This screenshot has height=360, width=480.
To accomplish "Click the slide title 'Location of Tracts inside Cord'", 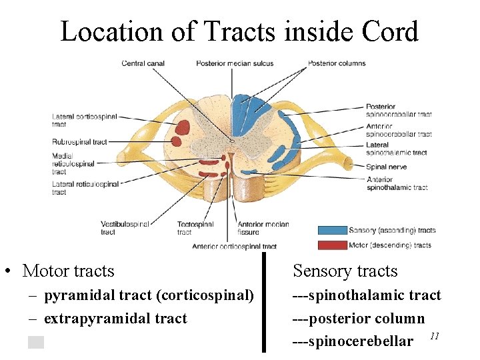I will tap(239, 31).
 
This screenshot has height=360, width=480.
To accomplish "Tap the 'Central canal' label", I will tap(143, 63).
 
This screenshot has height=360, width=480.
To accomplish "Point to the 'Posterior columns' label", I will tap(337, 63).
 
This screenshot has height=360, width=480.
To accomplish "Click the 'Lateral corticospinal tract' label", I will tap(84, 120).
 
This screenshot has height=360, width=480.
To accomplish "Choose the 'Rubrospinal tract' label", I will tap(79, 141).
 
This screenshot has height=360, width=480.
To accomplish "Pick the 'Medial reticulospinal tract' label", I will tap(73, 163).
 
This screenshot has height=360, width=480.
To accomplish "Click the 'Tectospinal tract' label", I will tap(194, 228).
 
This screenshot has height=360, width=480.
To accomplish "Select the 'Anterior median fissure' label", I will tap(263, 228).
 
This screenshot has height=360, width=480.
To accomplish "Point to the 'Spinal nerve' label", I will tap(386, 167).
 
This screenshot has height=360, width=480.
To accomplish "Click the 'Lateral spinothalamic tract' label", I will tap(396, 149).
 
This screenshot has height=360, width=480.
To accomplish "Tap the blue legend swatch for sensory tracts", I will tap(332, 231).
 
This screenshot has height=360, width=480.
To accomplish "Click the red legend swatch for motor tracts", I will tap(332, 245).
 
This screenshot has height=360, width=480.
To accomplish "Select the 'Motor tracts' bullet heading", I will tap(68, 271).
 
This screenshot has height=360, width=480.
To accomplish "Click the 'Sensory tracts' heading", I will tap(345, 271).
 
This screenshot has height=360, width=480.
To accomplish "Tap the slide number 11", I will tap(434, 336).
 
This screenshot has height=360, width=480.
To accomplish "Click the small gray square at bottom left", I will tap(36, 343).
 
